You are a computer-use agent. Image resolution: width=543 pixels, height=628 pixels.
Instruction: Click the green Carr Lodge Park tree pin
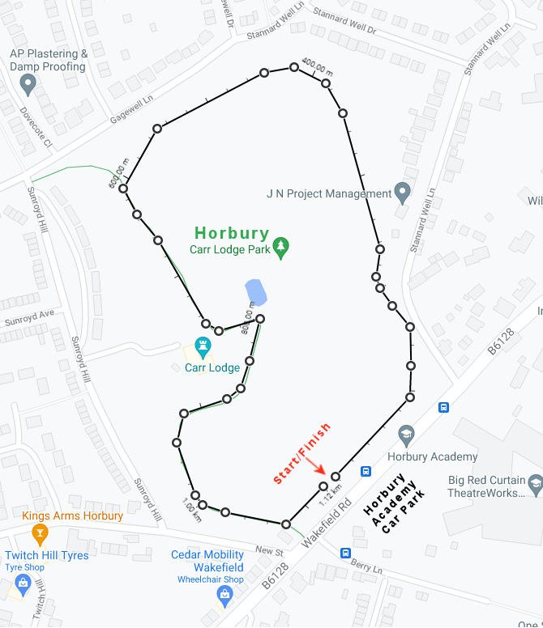[281, 248]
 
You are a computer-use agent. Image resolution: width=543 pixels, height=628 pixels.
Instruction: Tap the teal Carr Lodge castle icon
[203, 347]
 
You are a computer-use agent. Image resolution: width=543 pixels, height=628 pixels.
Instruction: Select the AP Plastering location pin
[28, 83]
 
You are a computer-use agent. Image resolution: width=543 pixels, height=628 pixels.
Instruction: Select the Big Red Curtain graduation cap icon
[535, 483]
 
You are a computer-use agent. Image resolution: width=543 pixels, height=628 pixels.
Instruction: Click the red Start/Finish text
[301, 453]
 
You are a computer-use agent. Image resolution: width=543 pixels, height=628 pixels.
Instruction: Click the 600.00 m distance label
[118, 172]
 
